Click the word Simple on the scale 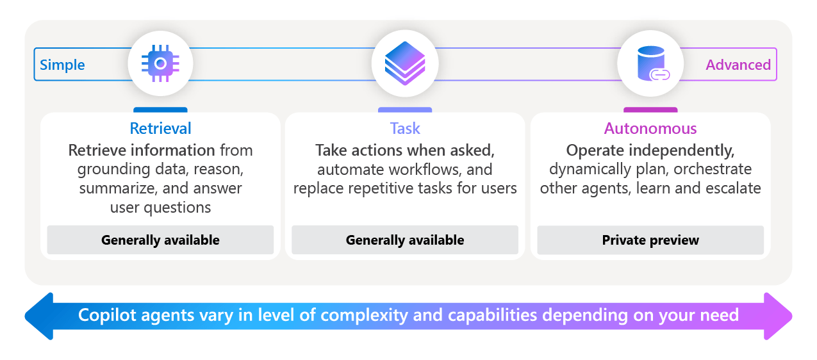(x=62, y=65)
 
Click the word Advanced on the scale (x=738, y=65)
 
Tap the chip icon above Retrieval (x=160, y=63)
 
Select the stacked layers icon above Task (x=405, y=63)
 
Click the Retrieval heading (x=160, y=128)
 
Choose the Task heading (x=405, y=128)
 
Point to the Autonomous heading (x=650, y=128)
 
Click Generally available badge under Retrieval (x=160, y=240)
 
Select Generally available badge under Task (x=405, y=240)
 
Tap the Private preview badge (x=650, y=240)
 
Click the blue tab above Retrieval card (x=160, y=110)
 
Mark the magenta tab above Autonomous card (x=650, y=110)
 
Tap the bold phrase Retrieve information (x=142, y=151)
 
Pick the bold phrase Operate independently (x=650, y=151)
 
